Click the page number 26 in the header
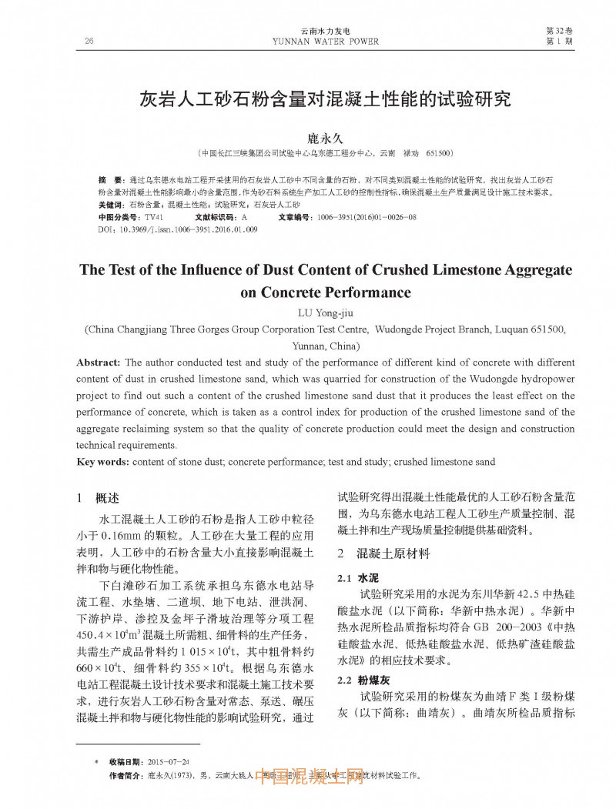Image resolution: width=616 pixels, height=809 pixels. tap(89, 41)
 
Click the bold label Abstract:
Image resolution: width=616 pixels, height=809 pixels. tap(98, 362)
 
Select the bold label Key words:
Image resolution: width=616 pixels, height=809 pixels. tap(103, 462)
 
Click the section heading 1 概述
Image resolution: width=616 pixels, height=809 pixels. tap(102, 498)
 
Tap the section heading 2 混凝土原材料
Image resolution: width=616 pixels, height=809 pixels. tap(383, 553)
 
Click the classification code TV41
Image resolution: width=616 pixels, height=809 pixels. tap(154, 218)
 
